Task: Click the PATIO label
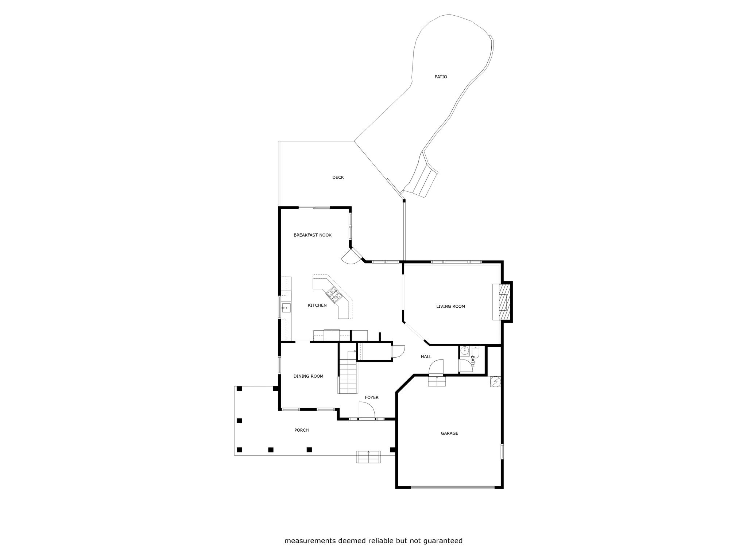tap(441, 77)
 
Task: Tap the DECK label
tap(338, 178)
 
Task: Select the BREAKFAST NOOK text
tap(313, 235)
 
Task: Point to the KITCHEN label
tap(317, 305)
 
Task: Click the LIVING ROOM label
tap(450, 306)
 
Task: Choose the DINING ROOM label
tap(308, 376)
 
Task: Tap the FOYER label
tap(372, 397)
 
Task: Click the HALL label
tap(426, 357)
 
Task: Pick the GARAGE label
tap(449, 433)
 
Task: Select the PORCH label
tap(301, 430)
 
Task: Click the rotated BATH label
tap(473, 361)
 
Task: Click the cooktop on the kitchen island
tap(333, 294)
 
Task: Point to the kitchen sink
tap(286, 308)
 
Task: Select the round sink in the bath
tap(464, 351)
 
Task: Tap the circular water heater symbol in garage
tap(496, 382)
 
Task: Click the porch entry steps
tap(368, 457)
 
